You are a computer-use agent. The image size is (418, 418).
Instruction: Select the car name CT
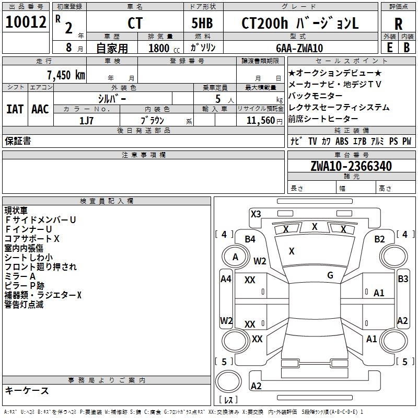click(x=134, y=23)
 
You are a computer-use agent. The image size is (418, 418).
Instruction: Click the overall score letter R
click(x=398, y=23)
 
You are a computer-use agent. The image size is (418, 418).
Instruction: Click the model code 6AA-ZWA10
click(x=300, y=48)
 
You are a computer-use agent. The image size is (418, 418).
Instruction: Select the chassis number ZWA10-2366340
click(x=351, y=166)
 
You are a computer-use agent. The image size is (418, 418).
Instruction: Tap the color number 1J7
click(x=87, y=120)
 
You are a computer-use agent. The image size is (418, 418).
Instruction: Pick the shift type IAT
click(x=15, y=109)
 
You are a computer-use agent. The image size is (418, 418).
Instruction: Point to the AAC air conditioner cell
click(x=40, y=109)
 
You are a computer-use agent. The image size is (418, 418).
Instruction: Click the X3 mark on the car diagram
click(x=256, y=214)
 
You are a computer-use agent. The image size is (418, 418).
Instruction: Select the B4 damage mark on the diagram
click(x=250, y=239)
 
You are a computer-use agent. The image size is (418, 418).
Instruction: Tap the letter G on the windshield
click(x=330, y=275)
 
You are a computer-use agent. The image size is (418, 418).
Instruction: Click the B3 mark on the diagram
click(x=403, y=279)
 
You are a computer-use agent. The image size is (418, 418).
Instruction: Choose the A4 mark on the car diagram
click(x=226, y=279)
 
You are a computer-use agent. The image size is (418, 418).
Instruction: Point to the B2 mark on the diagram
click(x=379, y=239)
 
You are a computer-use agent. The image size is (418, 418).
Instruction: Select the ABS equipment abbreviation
click(x=342, y=141)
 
